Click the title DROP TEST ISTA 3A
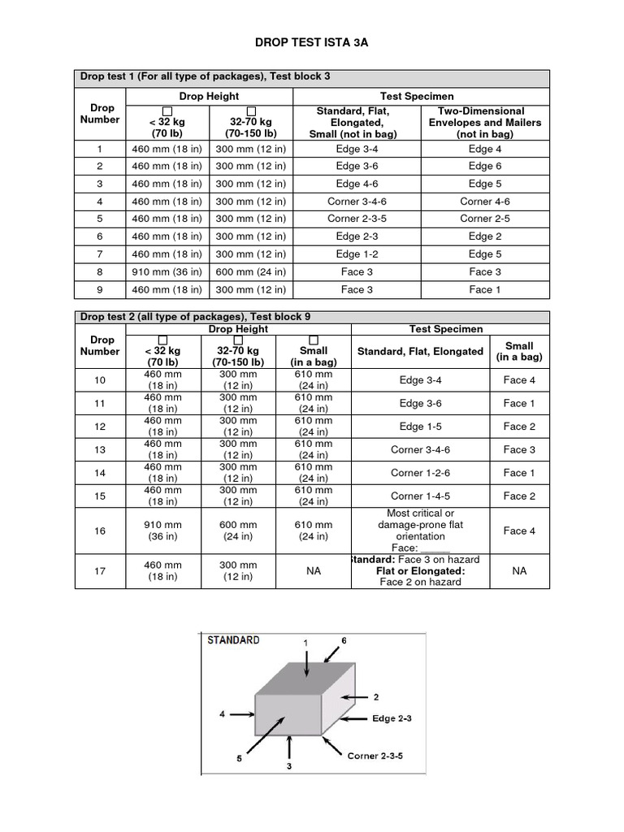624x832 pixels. [x=312, y=43]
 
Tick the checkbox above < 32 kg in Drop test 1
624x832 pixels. [x=167, y=110]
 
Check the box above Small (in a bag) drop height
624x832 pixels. [x=313, y=340]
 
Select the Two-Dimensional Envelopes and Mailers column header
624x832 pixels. [x=480, y=122]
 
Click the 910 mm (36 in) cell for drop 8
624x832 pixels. [x=167, y=271]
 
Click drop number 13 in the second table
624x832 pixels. [x=100, y=449]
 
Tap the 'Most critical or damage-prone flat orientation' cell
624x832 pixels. [x=420, y=525]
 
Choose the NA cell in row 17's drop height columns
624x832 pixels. [x=313, y=571]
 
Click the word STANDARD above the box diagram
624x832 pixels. [x=234, y=640]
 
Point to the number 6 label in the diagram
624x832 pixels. [x=344, y=640]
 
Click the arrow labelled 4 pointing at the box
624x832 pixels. [x=242, y=714]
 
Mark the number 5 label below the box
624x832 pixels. [x=240, y=759]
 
